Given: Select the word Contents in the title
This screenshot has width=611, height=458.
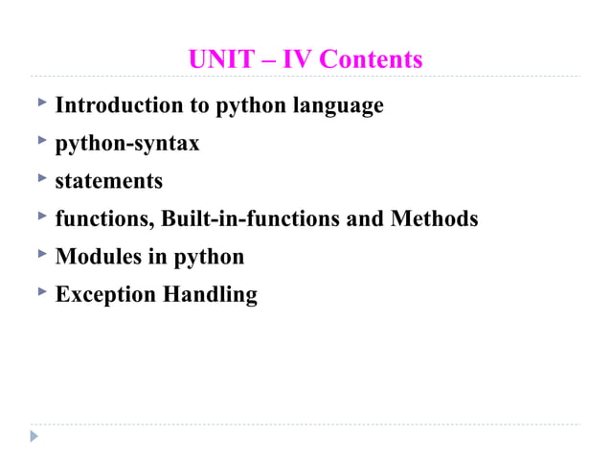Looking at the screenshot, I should pyautogui.click(x=370, y=60).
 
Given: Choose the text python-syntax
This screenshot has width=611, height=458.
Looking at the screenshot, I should pyautogui.click(x=127, y=144).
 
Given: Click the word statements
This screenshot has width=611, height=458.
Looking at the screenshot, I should pyautogui.click(x=109, y=181).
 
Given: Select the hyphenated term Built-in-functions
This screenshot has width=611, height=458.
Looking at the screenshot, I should pyautogui.click(x=250, y=218).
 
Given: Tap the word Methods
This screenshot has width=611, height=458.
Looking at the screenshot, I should pyautogui.click(x=434, y=218).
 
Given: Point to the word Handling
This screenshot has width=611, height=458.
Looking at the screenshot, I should pyautogui.click(x=210, y=294).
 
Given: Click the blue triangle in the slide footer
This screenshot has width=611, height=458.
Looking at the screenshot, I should pyautogui.click(x=34, y=436).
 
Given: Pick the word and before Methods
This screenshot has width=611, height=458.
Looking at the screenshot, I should pyautogui.click(x=364, y=218).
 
